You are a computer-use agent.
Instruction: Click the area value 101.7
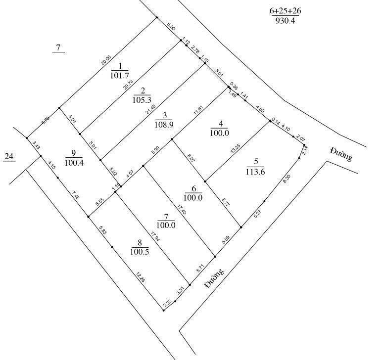[x=119, y=76]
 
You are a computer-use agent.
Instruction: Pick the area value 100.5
[x=140, y=252]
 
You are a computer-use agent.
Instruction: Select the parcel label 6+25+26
[x=286, y=10]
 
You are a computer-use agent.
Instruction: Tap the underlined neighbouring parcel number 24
[x=9, y=157]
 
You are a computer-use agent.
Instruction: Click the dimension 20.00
[x=105, y=60]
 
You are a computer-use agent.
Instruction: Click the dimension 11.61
[x=199, y=110]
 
